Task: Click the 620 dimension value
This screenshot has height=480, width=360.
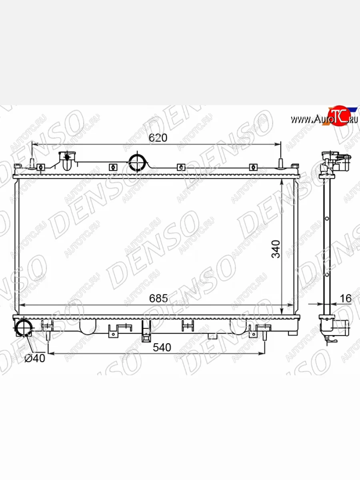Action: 158,138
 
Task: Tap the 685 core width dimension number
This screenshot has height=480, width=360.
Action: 158,298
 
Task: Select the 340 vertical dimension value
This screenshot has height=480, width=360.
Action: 276,249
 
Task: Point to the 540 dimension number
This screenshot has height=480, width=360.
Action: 162,347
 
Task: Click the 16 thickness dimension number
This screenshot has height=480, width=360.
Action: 346,298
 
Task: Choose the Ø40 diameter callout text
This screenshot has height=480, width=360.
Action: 35,358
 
